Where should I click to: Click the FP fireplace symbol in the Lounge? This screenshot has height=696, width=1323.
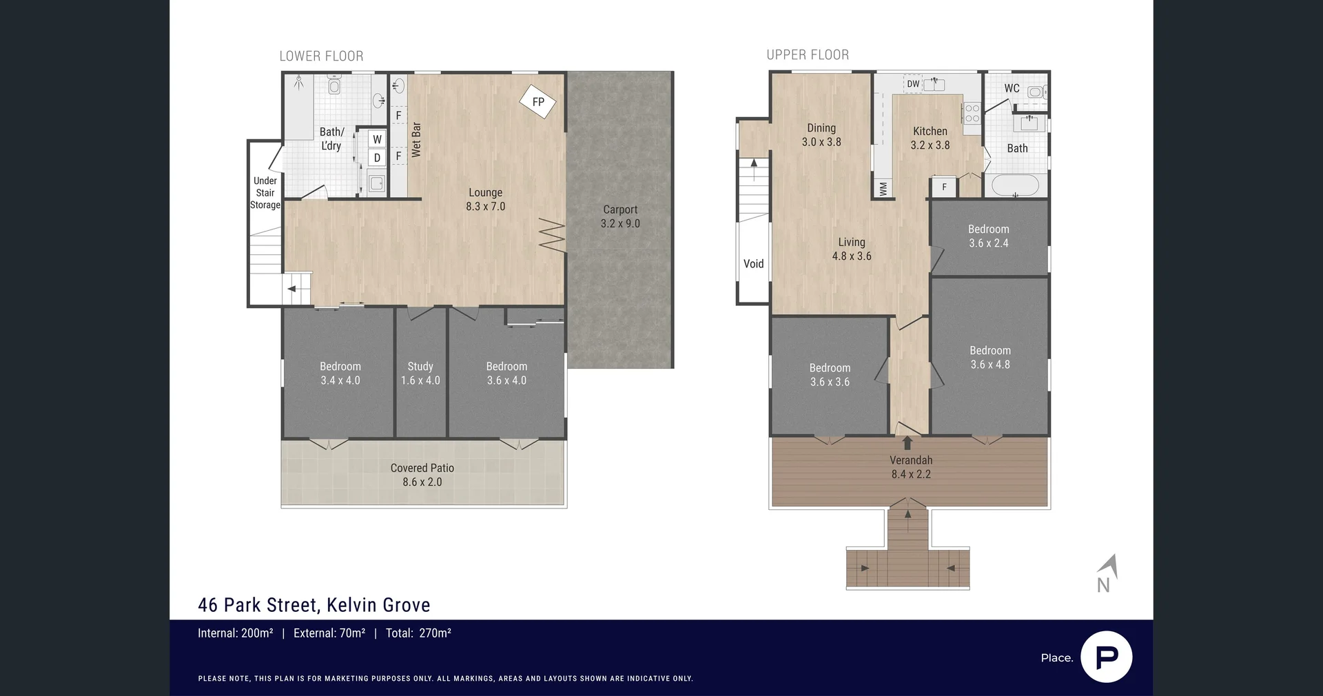click(537, 102)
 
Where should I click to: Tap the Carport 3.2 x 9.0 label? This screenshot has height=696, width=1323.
click(620, 216)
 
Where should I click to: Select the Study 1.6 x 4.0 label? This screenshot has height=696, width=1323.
click(420, 373)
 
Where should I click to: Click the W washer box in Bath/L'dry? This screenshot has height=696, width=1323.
click(377, 139)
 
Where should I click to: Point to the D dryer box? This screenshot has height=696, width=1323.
click(377, 158)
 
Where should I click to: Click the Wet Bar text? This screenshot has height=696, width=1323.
click(416, 140)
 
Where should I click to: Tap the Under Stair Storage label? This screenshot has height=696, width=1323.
click(265, 193)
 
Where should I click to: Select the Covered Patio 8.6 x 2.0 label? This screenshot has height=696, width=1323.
click(422, 475)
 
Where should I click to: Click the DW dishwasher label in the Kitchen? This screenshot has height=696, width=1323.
click(913, 84)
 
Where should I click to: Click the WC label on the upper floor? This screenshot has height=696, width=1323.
click(1012, 88)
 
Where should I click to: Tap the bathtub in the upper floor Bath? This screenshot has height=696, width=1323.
click(1015, 185)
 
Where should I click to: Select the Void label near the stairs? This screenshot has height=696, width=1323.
click(753, 264)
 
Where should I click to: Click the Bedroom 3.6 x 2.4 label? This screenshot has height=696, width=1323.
click(988, 236)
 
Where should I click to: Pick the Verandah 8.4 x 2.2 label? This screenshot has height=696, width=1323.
click(911, 467)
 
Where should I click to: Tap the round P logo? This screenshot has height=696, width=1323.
click(1106, 657)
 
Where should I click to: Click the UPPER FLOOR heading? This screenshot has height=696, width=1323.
click(808, 55)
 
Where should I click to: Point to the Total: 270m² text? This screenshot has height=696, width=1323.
click(418, 633)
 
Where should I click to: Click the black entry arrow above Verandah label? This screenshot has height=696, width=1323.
click(907, 442)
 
